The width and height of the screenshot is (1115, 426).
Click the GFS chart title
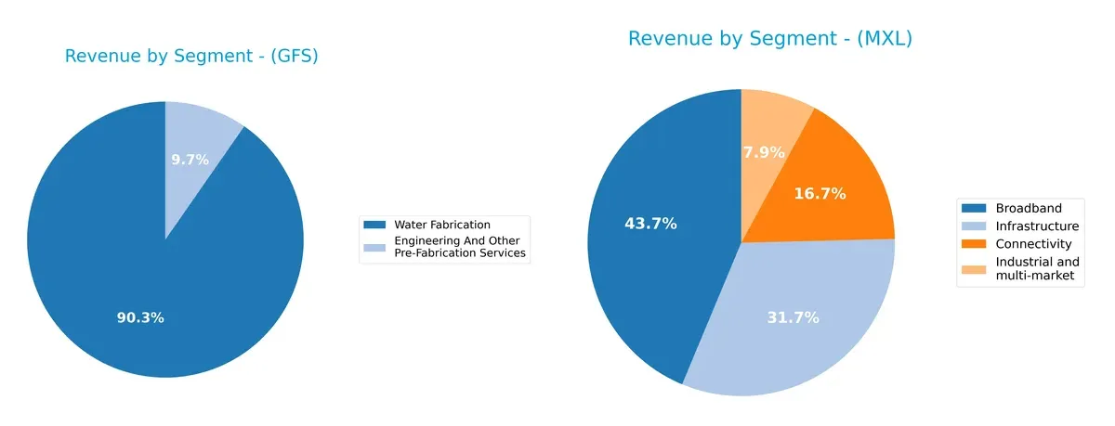(x=191, y=57)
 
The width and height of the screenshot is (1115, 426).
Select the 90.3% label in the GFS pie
(x=140, y=317)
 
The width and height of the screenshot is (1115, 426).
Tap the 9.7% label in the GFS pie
(x=190, y=160)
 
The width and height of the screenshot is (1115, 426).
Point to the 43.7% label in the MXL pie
(x=650, y=224)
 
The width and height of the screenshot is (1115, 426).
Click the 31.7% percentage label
(x=793, y=317)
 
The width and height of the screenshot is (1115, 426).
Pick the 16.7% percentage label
(x=820, y=194)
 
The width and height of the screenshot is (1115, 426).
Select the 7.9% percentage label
(x=765, y=152)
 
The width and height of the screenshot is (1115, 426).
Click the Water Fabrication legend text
(x=442, y=226)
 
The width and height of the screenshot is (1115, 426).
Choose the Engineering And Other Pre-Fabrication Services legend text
(x=460, y=247)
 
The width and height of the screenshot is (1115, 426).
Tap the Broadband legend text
(x=1028, y=208)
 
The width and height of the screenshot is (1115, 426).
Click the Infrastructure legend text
(x=1037, y=226)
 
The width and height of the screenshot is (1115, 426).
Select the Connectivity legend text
(x=1033, y=244)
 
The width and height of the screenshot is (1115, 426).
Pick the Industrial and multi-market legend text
(x=1037, y=269)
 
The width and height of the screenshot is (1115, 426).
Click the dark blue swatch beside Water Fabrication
(x=374, y=226)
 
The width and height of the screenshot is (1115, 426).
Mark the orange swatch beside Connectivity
(x=975, y=244)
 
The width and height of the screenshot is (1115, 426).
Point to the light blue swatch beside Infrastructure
(x=975, y=226)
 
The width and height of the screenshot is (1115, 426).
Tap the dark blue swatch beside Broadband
(x=975, y=208)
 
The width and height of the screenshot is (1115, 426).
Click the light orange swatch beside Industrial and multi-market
(x=975, y=263)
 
